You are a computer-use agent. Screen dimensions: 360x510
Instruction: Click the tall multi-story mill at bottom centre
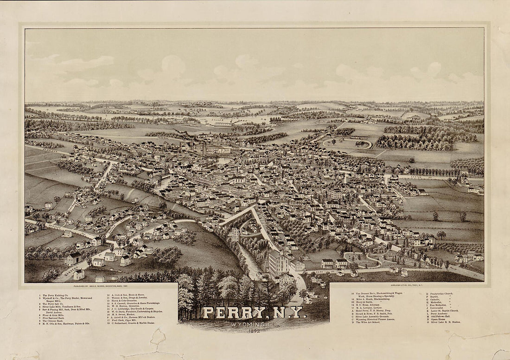(277, 263)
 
